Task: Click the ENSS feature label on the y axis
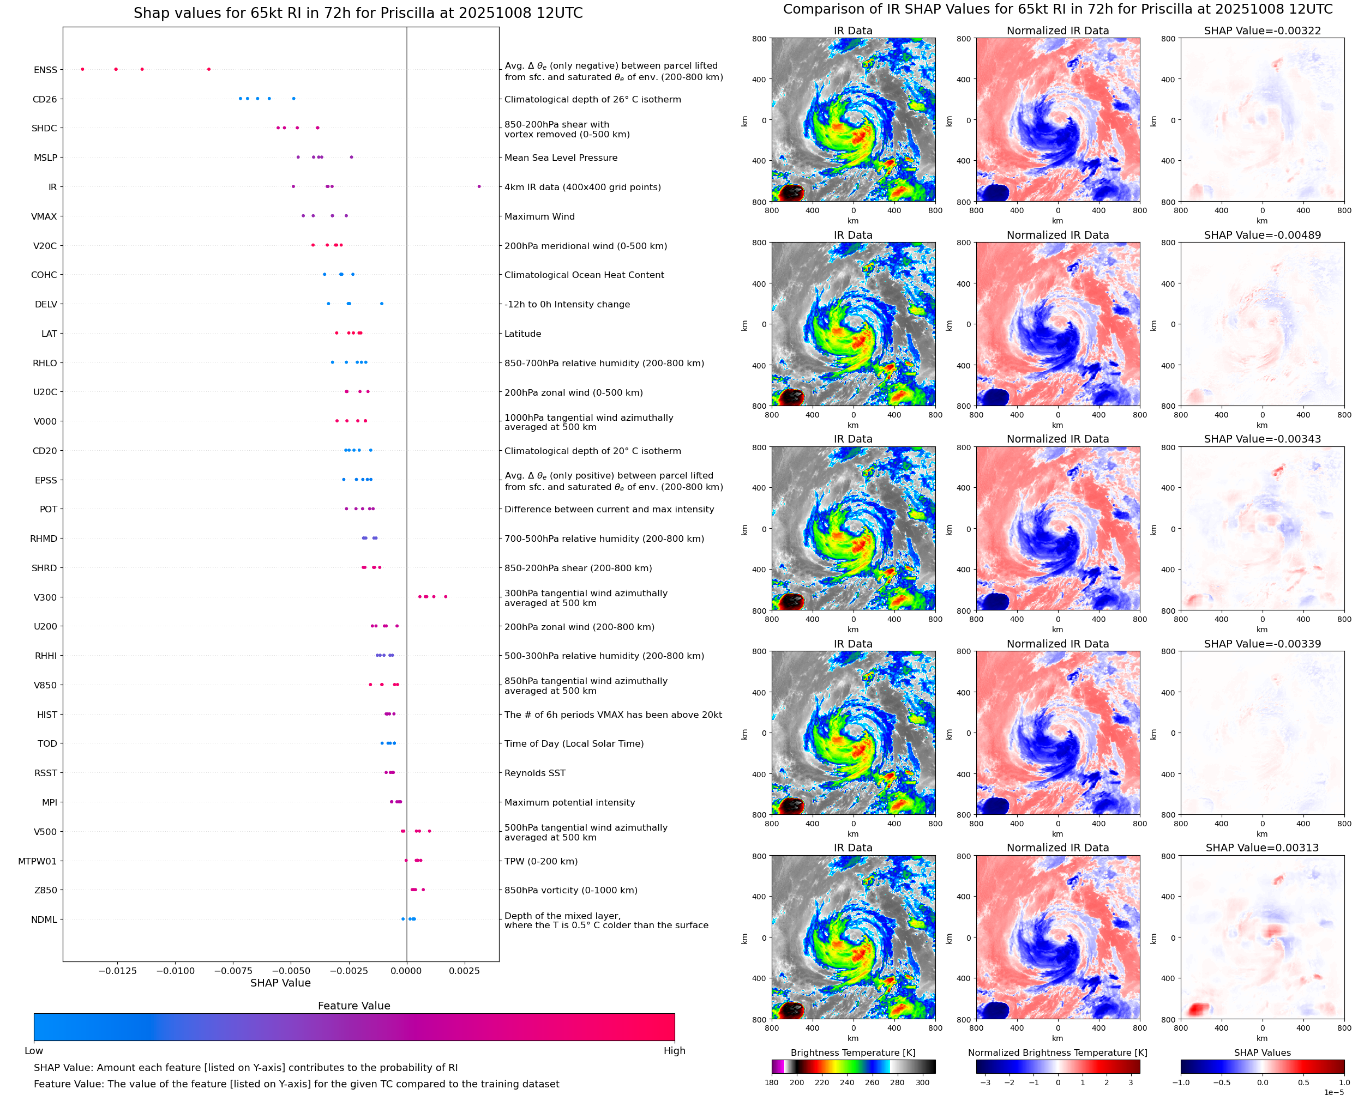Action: (x=45, y=70)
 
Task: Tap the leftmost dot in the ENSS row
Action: (x=83, y=69)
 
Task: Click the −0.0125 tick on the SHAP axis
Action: (x=117, y=971)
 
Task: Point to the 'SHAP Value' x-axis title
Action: (x=280, y=983)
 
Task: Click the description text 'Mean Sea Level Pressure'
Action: (x=560, y=158)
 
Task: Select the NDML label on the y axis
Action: (x=44, y=919)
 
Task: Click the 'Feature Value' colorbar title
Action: (x=354, y=1006)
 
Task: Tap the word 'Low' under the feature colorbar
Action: (x=33, y=1051)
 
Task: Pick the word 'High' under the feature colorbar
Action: (x=674, y=1051)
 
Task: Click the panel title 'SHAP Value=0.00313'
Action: (x=1262, y=848)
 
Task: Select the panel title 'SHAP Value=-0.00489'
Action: (x=1262, y=235)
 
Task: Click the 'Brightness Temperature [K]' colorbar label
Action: (x=852, y=1052)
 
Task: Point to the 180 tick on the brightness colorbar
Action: (x=772, y=1082)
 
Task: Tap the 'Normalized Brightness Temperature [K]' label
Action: (x=1057, y=1052)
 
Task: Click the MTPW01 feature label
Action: (x=37, y=861)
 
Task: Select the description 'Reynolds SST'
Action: (x=534, y=773)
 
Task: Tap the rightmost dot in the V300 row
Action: (x=446, y=597)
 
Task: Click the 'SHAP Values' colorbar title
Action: (x=1262, y=1052)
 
